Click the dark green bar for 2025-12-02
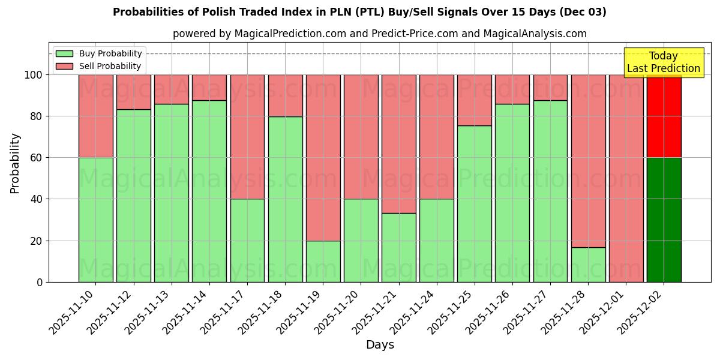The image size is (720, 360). tap(664, 220)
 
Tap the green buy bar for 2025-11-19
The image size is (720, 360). tap(323, 261)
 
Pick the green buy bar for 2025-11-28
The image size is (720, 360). tap(588, 265)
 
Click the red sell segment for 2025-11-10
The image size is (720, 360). tap(96, 116)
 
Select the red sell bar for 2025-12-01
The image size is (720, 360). tap(626, 178)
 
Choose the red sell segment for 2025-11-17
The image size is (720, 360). tap(247, 137)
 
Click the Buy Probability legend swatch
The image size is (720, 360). tap(64, 54)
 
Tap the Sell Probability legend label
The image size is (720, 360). tap(110, 66)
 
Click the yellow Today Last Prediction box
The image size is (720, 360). tap(664, 62)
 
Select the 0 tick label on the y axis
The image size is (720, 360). tap(40, 282)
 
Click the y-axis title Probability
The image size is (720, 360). tap(15, 163)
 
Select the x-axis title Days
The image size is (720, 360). tap(380, 345)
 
